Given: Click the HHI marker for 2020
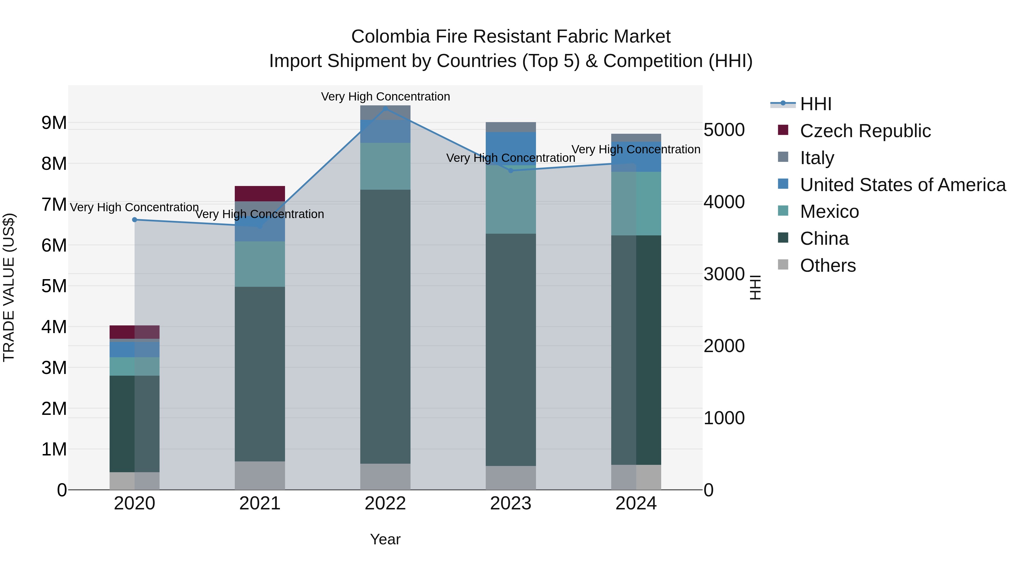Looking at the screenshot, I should point(135,219).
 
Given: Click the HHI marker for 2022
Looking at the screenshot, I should point(385,108).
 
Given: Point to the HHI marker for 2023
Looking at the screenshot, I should point(511,171).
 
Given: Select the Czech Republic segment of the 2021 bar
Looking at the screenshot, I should point(260,194).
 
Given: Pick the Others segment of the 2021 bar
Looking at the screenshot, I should point(260,475).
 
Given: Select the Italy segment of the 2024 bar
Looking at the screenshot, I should point(636,138).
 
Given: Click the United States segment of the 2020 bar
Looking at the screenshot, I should point(135,349).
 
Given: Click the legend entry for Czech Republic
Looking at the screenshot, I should point(865,131).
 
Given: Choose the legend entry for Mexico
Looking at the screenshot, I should point(829,212).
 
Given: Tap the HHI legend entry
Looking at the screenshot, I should point(815,104).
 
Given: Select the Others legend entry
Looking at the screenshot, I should point(828,265).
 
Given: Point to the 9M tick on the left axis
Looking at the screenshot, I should point(54,123).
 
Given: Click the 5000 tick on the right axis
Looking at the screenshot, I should point(724,130).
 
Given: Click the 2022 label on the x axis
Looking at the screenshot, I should point(385,503).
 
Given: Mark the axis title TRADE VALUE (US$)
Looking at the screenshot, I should point(9,287).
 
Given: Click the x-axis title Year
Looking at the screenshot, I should point(385,539).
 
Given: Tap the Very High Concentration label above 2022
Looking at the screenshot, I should point(385,97).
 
